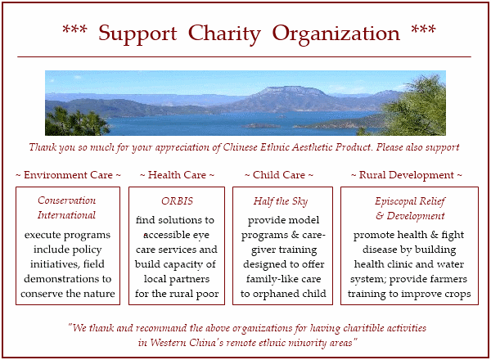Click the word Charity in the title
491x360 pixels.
click(x=224, y=34)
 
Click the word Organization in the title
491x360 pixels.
click(x=336, y=34)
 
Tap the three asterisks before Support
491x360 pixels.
click(x=74, y=29)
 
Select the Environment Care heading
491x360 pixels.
click(x=68, y=175)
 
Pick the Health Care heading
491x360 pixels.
click(x=177, y=175)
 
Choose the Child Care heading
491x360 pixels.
click(x=279, y=175)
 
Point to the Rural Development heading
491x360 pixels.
click(x=406, y=175)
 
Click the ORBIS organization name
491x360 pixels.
click(x=178, y=201)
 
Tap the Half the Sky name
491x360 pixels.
click(x=281, y=201)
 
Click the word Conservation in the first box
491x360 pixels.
click(x=67, y=200)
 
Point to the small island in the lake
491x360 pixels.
click(x=260, y=125)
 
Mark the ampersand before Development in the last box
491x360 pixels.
click(x=380, y=216)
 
